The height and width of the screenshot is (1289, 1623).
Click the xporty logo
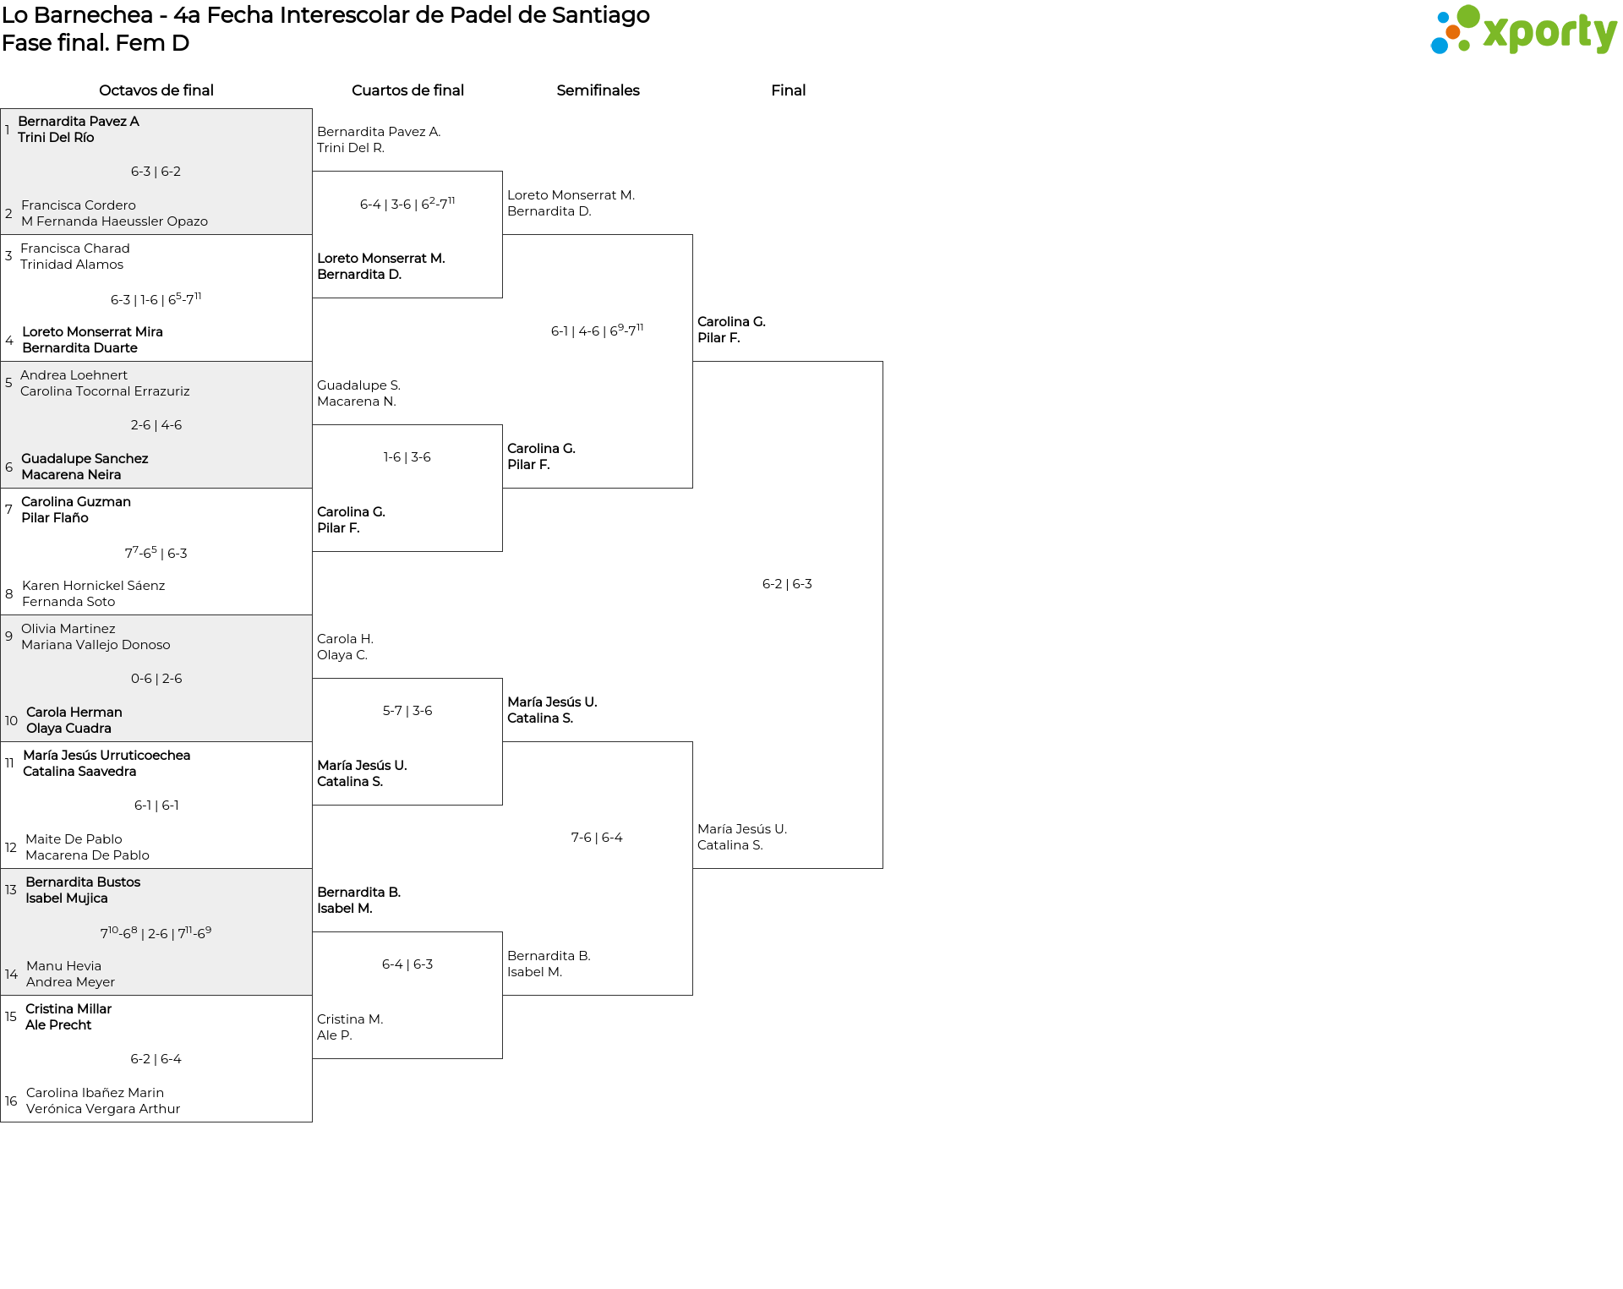tap(1523, 30)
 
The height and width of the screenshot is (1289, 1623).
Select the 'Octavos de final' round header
tap(156, 90)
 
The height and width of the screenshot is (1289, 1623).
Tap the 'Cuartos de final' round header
tap(407, 90)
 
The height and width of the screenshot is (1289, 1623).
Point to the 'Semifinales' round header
tap(598, 90)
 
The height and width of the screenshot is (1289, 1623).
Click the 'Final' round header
tap(788, 90)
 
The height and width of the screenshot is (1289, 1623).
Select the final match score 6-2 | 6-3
tap(787, 584)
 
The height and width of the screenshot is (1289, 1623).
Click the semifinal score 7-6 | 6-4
tap(597, 838)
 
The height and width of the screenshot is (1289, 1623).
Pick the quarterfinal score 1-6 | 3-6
tap(407, 457)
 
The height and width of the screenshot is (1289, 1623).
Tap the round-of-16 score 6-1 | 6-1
tap(156, 806)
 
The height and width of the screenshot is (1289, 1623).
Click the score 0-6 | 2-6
tap(156, 679)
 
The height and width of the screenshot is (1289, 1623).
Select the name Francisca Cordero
tap(79, 205)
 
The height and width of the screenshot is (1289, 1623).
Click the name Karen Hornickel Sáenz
tap(93, 586)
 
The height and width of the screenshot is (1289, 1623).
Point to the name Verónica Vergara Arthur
tap(103, 1109)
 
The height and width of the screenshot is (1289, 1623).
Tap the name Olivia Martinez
tap(68, 629)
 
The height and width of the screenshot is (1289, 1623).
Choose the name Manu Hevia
tap(63, 966)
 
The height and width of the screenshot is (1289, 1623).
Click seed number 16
tap(11, 1101)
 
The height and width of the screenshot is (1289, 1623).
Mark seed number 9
tap(8, 636)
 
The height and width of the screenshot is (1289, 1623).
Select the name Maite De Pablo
tap(74, 839)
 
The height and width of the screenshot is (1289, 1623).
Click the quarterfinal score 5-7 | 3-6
tap(407, 711)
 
